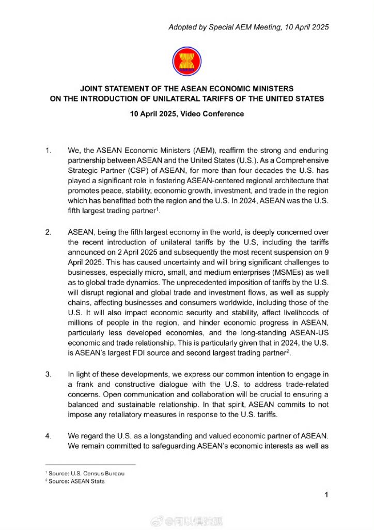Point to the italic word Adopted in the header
[x=181, y=27]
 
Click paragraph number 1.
[x=48, y=150]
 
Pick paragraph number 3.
[x=48, y=374]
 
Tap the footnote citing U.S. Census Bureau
[x=85, y=473]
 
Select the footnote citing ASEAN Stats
[x=75, y=481]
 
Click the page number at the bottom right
[x=326, y=495]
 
